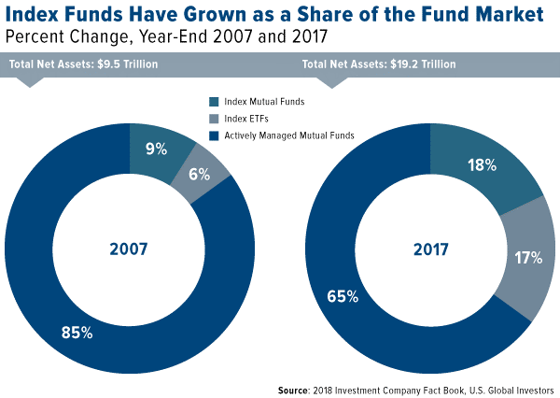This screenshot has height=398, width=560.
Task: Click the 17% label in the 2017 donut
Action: pos(527,256)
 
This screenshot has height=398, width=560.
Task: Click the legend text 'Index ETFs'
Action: pos(245,119)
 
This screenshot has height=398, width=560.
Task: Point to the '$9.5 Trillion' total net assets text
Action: pos(124,64)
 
